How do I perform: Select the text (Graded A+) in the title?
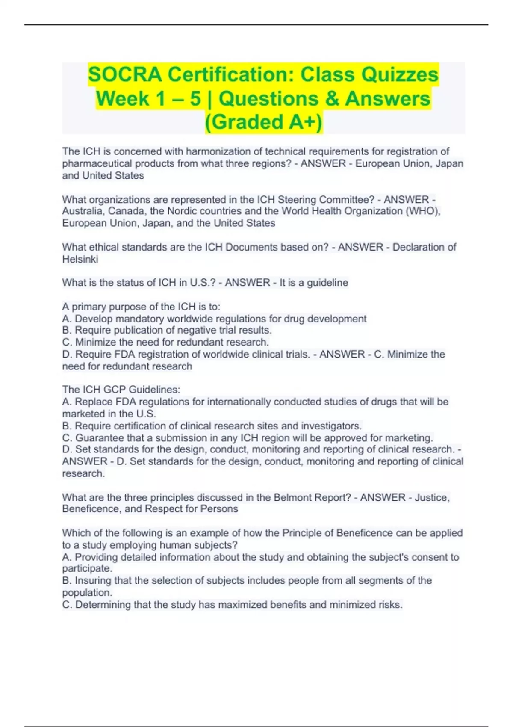[x=264, y=122]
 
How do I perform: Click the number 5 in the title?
[x=195, y=98]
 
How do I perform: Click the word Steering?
[x=297, y=200]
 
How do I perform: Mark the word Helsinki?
[x=80, y=259]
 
